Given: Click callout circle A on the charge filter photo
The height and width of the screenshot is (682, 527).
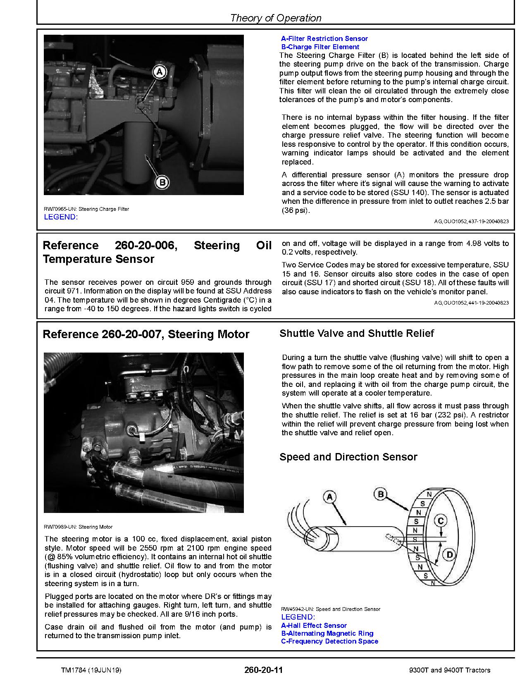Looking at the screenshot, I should pyautogui.click(x=160, y=72).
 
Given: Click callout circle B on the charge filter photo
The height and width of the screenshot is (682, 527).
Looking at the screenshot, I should pyautogui.click(x=162, y=182).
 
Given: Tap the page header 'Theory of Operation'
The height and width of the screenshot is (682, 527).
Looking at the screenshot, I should pyautogui.click(x=275, y=18).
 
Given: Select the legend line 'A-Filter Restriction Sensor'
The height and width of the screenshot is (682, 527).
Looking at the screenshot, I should pyautogui.click(x=324, y=38).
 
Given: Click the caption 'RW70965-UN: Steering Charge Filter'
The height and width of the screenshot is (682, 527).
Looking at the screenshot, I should pyautogui.click(x=86, y=209).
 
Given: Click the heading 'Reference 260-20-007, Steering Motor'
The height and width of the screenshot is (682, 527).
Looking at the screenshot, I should pyautogui.click(x=146, y=334).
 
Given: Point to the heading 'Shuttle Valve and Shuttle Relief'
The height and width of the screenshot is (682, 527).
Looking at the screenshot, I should pyautogui.click(x=356, y=333).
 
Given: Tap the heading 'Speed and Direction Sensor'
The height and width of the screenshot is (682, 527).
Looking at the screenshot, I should pyautogui.click(x=348, y=457).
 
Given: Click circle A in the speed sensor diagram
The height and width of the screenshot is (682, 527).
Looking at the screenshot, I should pyautogui.click(x=329, y=497).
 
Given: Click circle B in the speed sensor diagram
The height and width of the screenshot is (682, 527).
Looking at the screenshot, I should pyautogui.click(x=381, y=494).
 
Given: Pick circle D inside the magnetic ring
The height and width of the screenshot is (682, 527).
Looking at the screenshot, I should pyautogui.click(x=449, y=554).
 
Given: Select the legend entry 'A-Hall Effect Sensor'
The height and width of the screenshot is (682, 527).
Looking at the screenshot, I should pyautogui.click(x=314, y=625).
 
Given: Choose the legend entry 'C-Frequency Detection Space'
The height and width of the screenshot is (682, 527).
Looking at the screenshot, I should pyautogui.click(x=329, y=641).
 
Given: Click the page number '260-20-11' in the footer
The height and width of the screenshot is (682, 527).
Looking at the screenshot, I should pyautogui.click(x=263, y=670).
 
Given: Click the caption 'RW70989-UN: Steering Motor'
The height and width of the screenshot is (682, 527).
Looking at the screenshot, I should pyautogui.click(x=78, y=527).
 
